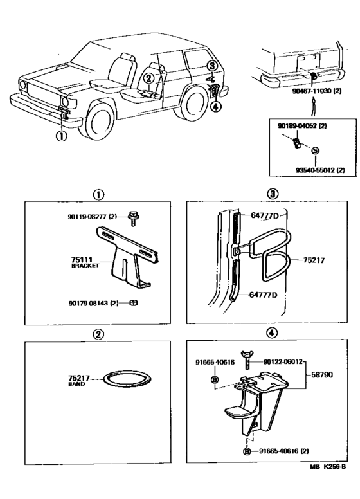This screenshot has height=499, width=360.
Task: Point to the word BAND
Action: point(76,385)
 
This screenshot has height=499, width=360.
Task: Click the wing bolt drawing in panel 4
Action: point(246,359)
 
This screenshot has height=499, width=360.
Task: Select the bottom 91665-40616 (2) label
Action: point(283,451)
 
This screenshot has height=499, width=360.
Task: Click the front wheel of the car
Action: point(100,123)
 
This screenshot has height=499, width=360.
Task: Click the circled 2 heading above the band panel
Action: point(98,334)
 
